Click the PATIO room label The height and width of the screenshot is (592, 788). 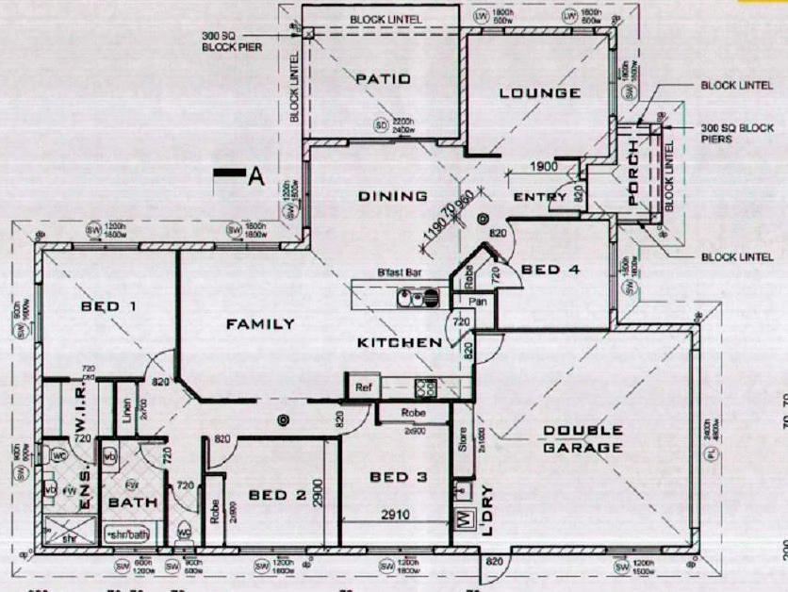point(383,79)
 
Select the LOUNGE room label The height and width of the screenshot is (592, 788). point(539,92)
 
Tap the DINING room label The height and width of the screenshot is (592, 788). point(393,197)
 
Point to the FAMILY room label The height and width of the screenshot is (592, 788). point(260,324)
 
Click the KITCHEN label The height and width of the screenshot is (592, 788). point(399,342)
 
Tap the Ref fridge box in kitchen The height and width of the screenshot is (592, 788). point(361,386)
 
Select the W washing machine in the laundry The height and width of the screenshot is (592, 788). point(463,520)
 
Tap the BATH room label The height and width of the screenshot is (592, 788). point(133,503)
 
